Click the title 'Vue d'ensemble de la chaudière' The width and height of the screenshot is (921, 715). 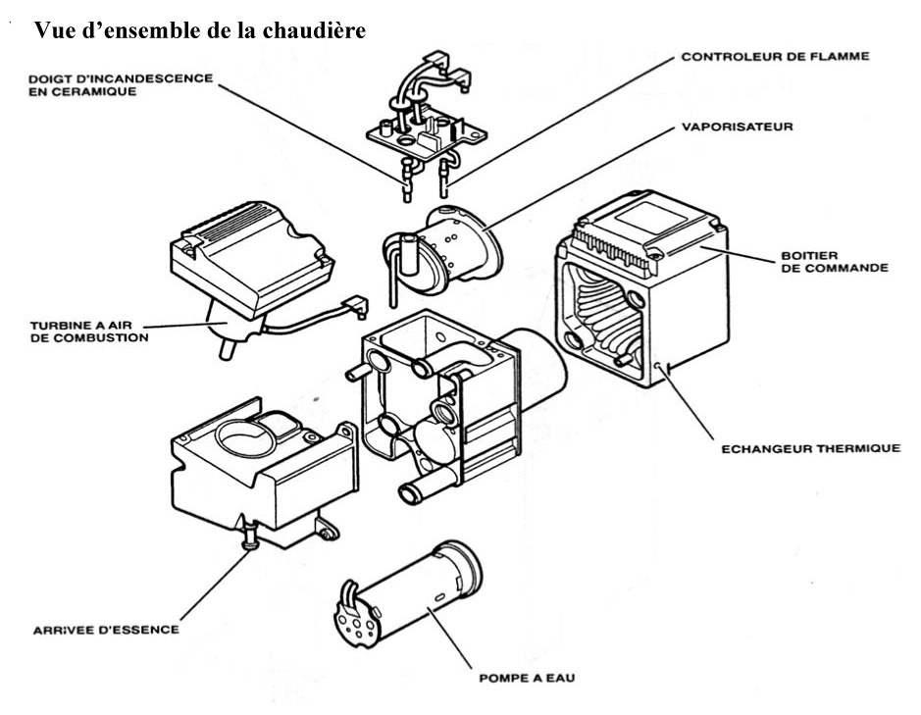click(x=200, y=30)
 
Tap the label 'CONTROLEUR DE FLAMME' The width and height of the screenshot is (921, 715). click(x=775, y=58)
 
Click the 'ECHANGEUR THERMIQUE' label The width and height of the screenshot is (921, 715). click(x=810, y=448)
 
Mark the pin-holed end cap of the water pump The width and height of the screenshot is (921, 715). click(x=358, y=618)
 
